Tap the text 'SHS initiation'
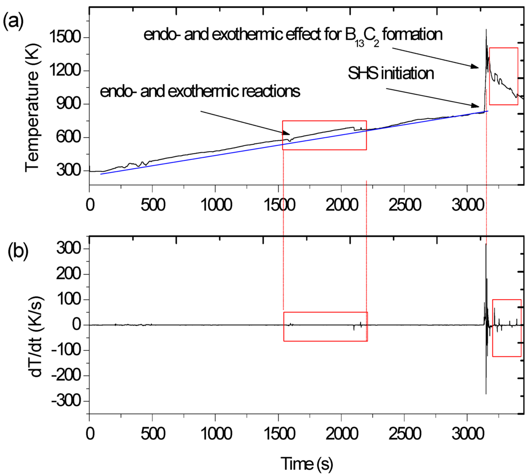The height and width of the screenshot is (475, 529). point(390,73)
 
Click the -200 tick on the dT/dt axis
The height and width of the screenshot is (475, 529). point(65,376)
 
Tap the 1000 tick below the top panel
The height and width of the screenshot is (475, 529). point(215,199)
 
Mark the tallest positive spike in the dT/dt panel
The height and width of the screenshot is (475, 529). point(486,244)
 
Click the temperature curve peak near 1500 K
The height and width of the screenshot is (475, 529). point(486,31)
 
